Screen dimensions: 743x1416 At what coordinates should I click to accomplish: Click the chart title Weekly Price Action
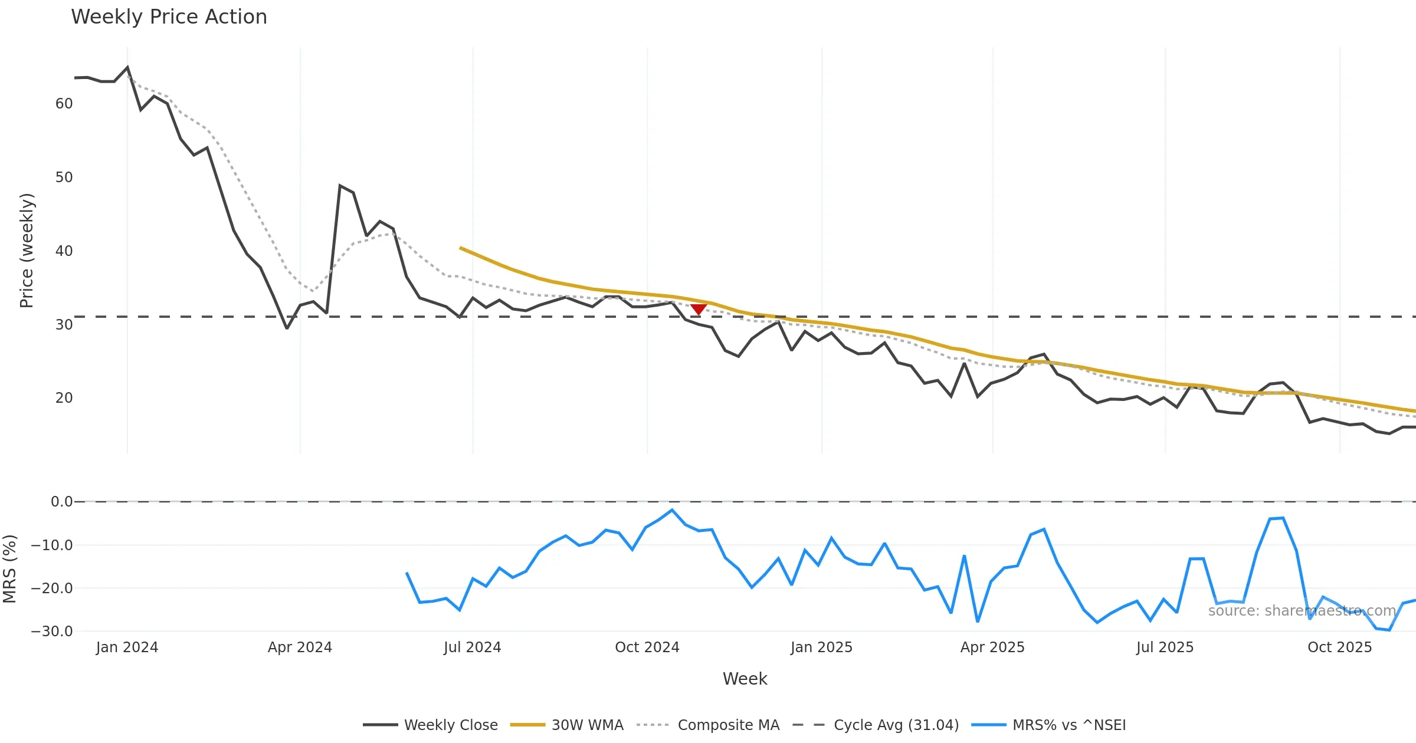169,17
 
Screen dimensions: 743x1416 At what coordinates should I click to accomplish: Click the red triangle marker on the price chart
699,309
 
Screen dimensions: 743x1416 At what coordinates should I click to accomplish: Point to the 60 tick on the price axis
64,104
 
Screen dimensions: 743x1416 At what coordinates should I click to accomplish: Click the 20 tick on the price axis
64,398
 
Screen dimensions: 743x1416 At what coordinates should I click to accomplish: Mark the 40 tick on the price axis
64,251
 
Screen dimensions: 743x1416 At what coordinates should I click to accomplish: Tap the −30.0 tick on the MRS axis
52,631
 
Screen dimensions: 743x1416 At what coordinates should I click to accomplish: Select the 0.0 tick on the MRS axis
61,502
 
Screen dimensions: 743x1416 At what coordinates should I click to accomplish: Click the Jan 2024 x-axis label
127,647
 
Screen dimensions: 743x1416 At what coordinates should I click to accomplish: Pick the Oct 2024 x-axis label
647,647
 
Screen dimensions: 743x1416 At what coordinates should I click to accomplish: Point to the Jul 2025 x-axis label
1165,647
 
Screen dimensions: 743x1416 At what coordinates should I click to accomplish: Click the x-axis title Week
745,679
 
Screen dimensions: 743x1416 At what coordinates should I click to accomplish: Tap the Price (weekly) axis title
27,251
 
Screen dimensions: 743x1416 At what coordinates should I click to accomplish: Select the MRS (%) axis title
9,568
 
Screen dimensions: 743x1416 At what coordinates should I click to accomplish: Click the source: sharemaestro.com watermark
1302,611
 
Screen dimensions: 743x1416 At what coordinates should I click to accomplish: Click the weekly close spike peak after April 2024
340,186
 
